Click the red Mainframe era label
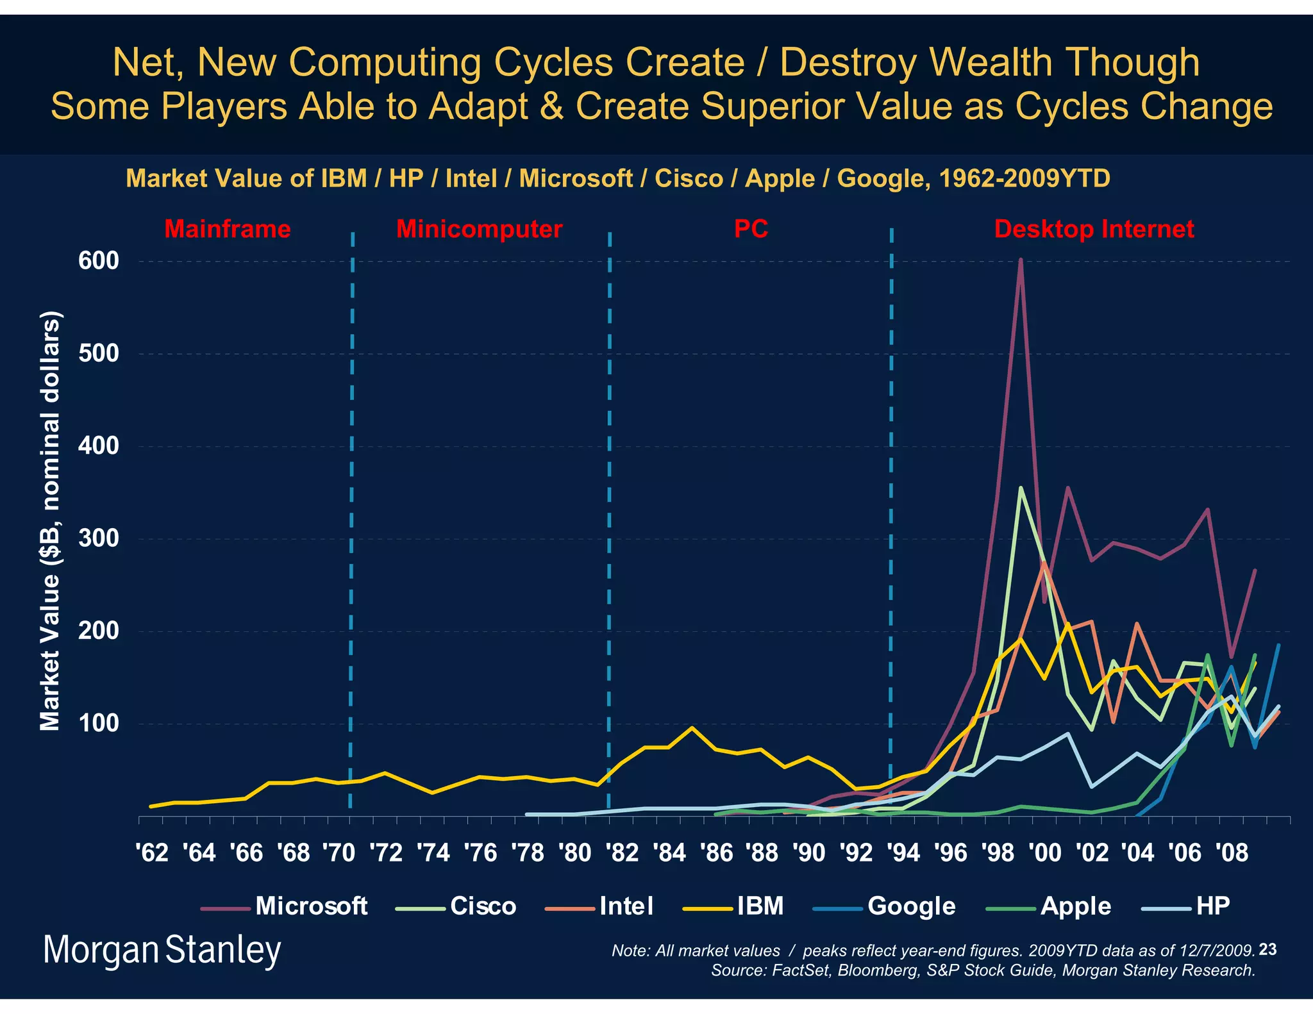pyautogui.click(x=228, y=229)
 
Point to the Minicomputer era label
pyautogui.click(x=479, y=229)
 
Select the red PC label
pyautogui.click(x=751, y=229)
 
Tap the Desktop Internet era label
pyautogui.click(x=1094, y=229)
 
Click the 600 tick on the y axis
pyautogui.click(x=99, y=261)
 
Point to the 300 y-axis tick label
pyautogui.click(x=99, y=538)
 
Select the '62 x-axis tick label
pyautogui.click(x=152, y=853)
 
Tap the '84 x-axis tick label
pyautogui.click(x=669, y=853)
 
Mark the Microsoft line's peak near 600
pyautogui.click(x=1020, y=260)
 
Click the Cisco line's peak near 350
pyautogui.click(x=1020, y=488)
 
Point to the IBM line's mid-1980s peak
pyautogui.click(x=691, y=727)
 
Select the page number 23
pyautogui.click(x=1267, y=949)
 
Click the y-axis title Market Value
pyautogui.click(x=50, y=520)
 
